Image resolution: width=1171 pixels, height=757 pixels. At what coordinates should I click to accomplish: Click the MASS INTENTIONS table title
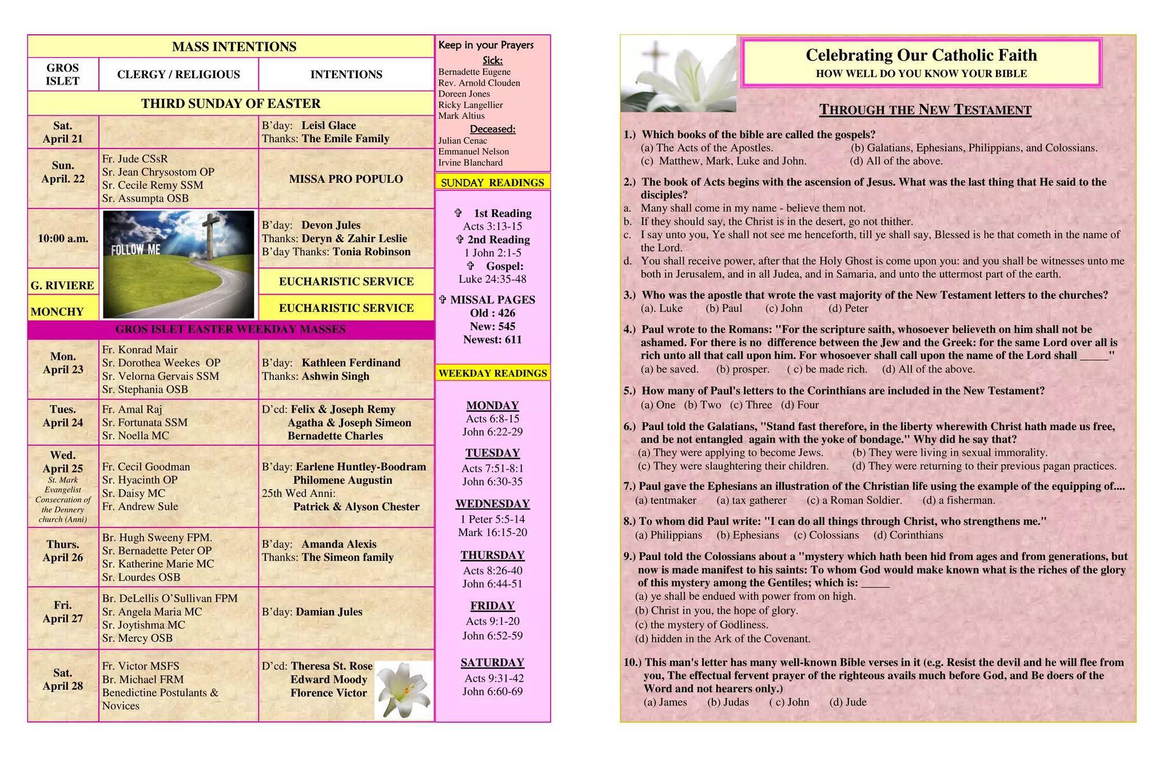click(234, 47)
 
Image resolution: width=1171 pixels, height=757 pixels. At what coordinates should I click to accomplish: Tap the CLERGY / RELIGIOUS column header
click(178, 74)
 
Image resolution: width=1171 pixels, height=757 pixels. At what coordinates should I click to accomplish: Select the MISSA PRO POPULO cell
click(346, 179)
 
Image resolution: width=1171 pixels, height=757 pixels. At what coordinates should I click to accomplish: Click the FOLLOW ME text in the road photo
click(136, 250)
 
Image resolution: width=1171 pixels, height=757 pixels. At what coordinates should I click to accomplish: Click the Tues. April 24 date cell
click(63, 416)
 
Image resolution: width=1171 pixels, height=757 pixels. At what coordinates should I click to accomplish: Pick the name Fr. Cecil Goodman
click(146, 467)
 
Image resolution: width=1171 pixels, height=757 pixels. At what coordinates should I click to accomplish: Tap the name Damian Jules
click(329, 612)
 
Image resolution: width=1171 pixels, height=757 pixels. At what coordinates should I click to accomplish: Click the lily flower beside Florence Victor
click(404, 690)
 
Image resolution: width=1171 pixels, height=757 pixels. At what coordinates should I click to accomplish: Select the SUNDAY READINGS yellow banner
click(492, 183)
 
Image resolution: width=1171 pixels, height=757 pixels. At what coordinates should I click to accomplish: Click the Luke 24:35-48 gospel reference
click(492, 279)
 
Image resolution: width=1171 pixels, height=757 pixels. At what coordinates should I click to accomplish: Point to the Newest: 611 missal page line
click(492, 340)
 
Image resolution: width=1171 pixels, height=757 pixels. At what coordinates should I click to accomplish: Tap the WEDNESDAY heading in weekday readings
click(492, 504)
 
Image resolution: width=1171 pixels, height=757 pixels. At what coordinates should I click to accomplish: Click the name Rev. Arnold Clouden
click(479, 83)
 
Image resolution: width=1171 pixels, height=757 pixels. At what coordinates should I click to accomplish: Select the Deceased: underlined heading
click(492, 129)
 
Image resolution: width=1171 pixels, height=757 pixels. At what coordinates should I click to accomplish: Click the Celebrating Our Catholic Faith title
click(921, 55)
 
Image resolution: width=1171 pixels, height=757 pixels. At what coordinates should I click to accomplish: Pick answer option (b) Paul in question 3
click(724, 309)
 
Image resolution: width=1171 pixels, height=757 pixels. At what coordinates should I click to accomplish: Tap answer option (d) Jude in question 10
click(848, 702)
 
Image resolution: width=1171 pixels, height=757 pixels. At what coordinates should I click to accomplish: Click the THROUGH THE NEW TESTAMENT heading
click(925, 110)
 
